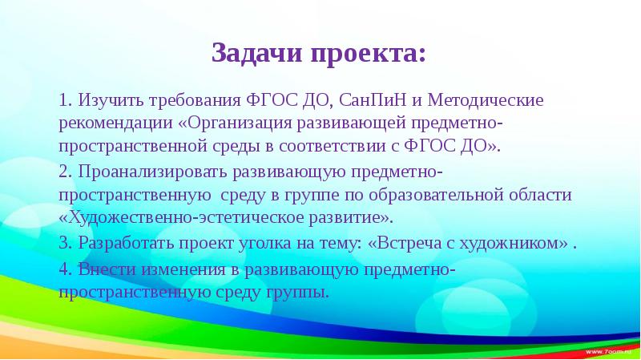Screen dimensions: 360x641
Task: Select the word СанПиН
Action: tap(373, 102)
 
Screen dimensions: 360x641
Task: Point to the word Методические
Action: tap(486, 102)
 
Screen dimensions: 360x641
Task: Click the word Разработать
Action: tap(120, 244)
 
